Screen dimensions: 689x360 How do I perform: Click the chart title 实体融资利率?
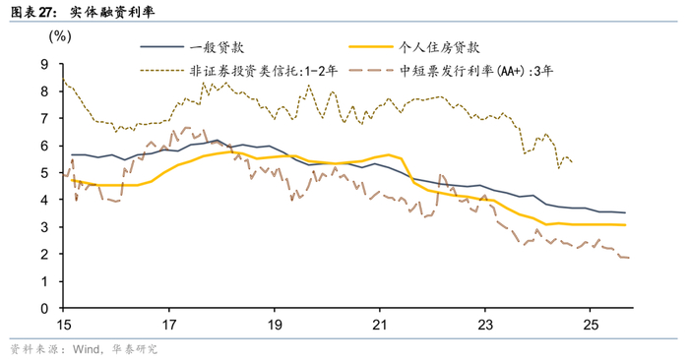click(112, 12)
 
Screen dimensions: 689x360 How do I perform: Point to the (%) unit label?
click(60, 35)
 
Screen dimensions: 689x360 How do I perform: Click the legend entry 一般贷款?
click(217, 47)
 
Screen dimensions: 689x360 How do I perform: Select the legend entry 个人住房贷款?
click(439, 47)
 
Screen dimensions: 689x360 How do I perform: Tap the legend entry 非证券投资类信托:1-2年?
click(264, 71)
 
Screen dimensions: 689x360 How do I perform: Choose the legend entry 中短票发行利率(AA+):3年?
click(476, 71)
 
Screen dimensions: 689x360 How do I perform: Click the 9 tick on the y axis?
click(45, 65)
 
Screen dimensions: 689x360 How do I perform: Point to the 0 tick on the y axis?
click(45, 309)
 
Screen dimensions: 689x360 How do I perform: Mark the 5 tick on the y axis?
click(45, 173)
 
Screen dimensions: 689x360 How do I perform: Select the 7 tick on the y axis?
click(45, 119)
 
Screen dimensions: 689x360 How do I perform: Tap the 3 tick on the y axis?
click(45, 227)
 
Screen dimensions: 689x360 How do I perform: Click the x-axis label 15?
click(64, 325)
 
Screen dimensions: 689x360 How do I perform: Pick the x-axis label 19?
click(275, 325)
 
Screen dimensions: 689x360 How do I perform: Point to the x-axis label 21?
click(380, 325)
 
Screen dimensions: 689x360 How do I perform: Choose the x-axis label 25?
click(591, 325)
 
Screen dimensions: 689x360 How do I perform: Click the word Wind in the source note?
click(87, 349)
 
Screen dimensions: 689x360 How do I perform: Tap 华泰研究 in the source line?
click(135, 349)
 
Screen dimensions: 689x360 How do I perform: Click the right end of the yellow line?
click(625, 225)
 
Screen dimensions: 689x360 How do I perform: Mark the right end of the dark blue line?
click(625, 212)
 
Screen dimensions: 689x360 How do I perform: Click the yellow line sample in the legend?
click(370, 47)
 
